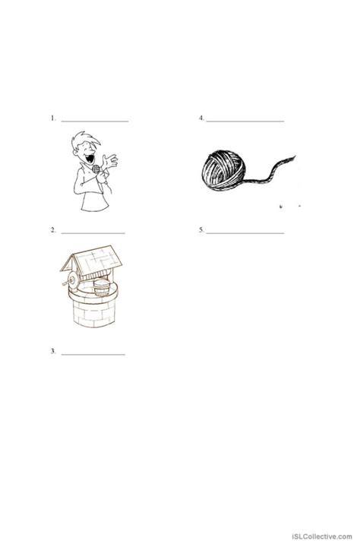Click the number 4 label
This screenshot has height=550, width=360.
pyautogui.click(x=201, y=119)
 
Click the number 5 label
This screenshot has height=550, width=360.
pyautogui.click(x=201, y=230)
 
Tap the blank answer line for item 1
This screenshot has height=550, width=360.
pyautogui.click(x=95, y=121)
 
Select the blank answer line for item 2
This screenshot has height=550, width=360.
pyautogui.click(x=93, y=232)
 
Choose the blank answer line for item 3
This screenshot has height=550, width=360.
pyautogui.click(x=93, y=354)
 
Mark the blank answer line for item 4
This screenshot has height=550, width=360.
pyautogui.click(x=245, y=121)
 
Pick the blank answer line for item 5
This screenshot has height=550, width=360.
pyautogui.click(x=245, y=232)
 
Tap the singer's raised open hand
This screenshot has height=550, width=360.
pyautogui.click(x=112, y=160)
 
